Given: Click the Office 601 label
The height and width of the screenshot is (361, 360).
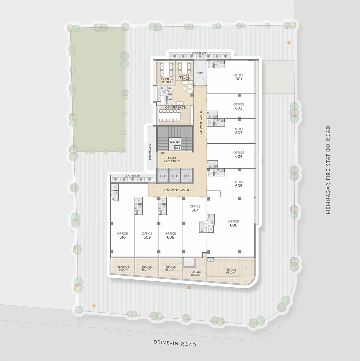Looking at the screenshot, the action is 239,77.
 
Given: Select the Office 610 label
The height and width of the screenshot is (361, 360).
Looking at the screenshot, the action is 123,235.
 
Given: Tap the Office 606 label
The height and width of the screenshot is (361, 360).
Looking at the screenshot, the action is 233,223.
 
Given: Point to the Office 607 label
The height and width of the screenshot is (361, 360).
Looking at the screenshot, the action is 195,208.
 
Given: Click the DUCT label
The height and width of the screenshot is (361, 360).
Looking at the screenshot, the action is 200,73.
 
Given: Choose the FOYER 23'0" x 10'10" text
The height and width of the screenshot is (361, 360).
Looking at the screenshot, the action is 172,159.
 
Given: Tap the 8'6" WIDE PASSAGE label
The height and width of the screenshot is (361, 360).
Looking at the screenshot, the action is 178,190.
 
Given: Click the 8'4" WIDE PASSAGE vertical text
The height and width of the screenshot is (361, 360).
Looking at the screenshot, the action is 201,121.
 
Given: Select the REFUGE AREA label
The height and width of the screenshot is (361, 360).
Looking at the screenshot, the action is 150,152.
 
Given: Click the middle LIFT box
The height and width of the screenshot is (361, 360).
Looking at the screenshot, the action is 175,176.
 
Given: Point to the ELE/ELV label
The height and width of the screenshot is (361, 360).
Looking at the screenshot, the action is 175,142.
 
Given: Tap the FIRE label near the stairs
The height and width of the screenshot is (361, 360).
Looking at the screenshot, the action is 178,148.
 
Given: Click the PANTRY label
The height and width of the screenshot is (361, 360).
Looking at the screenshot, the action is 167,100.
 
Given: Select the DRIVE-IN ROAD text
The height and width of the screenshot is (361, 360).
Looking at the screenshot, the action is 175,343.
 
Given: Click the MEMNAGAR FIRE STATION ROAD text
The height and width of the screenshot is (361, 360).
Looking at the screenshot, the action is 328,170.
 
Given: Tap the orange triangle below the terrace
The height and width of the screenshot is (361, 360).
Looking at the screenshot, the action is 189,287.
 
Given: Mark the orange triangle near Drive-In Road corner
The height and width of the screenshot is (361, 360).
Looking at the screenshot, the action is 94,306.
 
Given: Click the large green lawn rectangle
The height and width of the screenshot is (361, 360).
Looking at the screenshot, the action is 98,89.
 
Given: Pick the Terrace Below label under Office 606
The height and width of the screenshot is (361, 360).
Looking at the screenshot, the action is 231,271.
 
